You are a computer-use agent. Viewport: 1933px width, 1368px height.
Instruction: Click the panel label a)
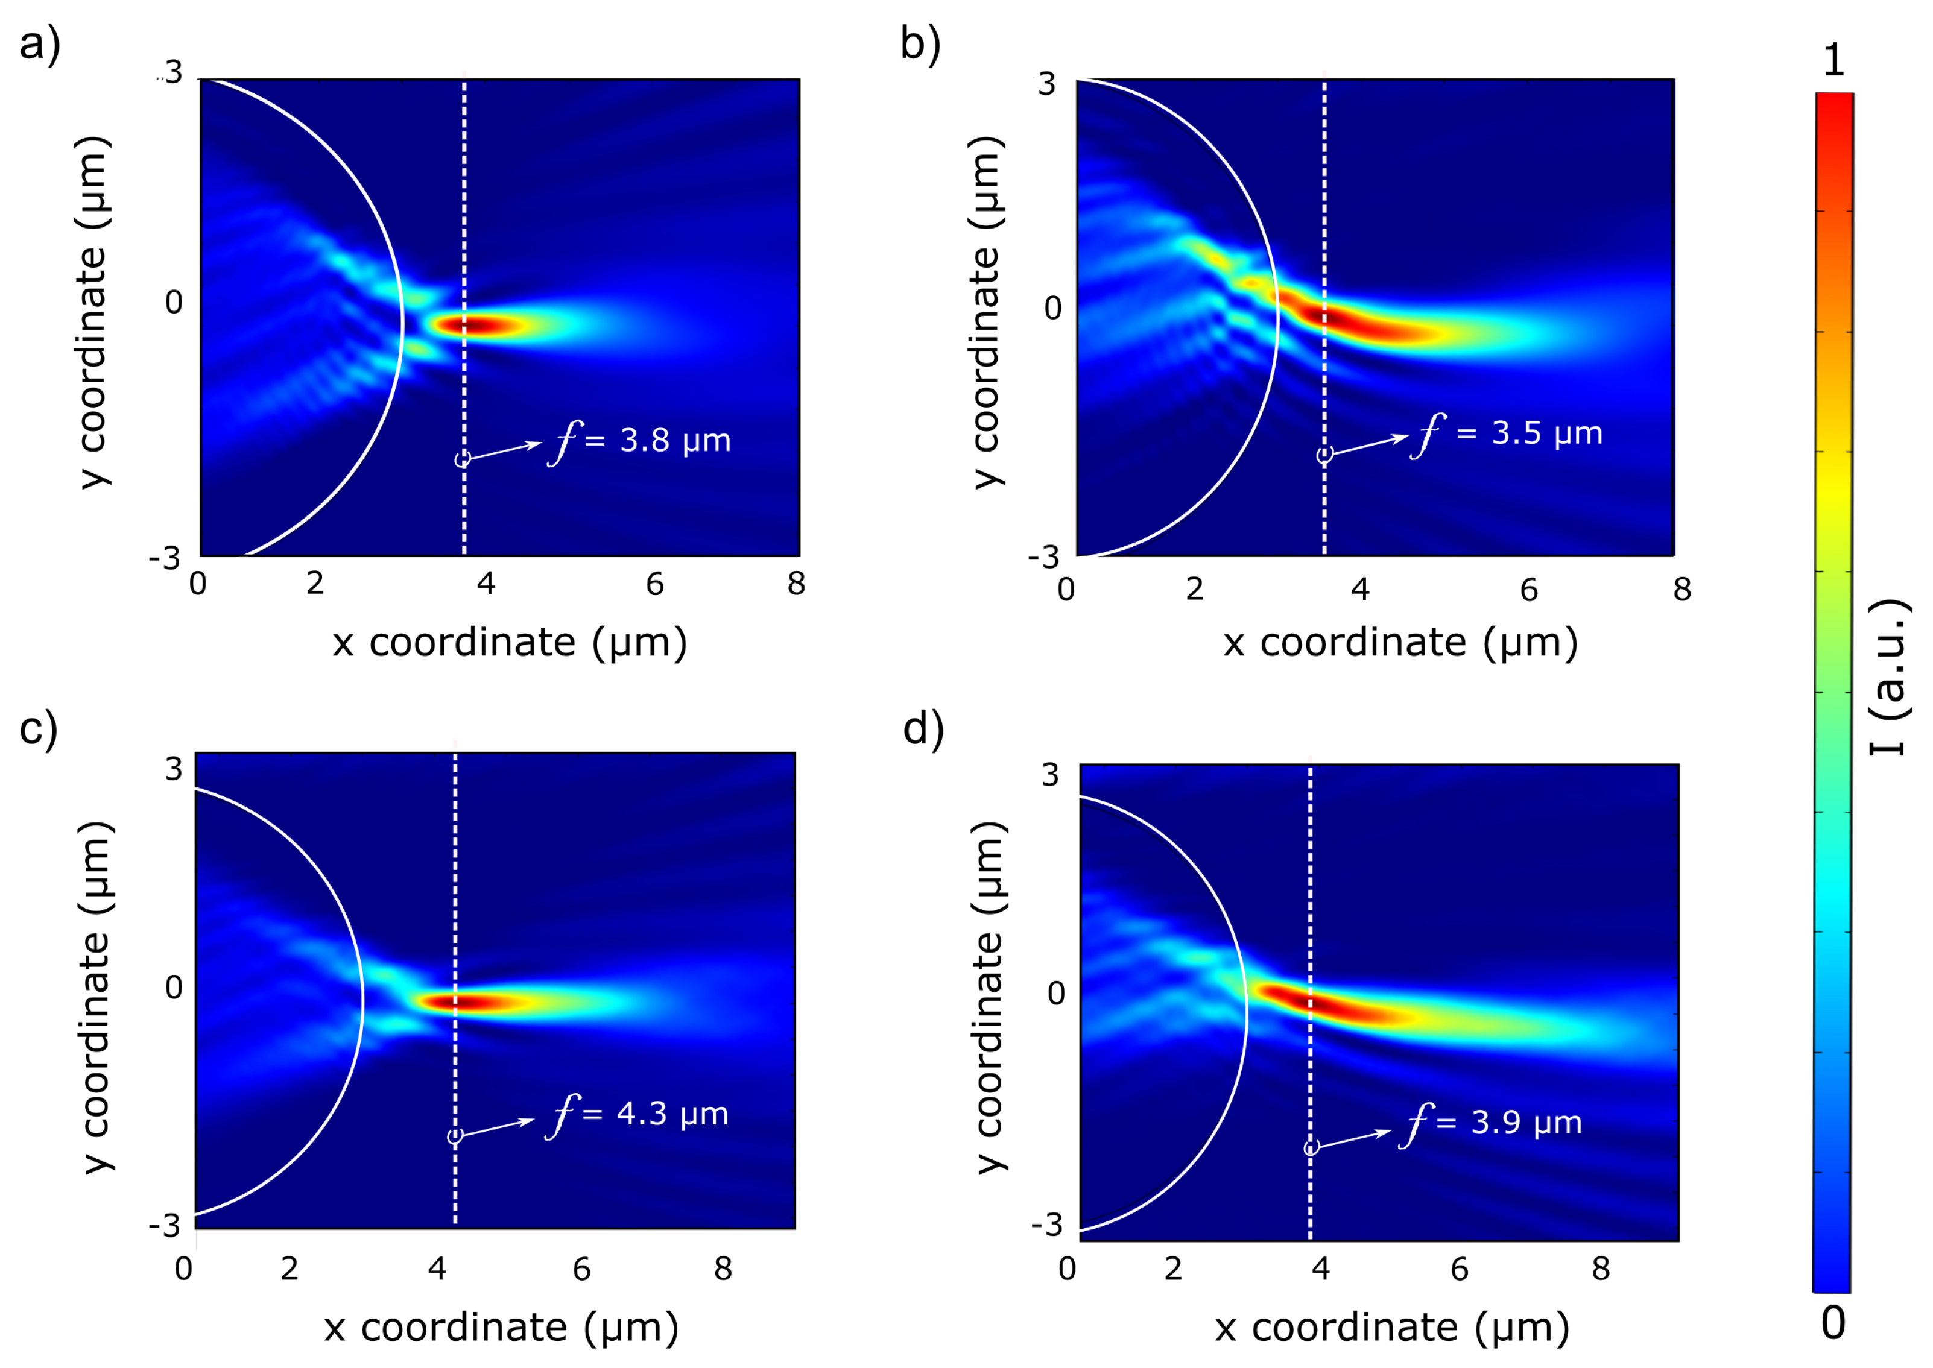click(40, 44)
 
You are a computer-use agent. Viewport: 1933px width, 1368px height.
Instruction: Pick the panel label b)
click(920, 44)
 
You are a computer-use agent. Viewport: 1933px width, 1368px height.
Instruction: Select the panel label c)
click(38, 727)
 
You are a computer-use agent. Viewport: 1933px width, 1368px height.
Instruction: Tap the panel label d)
click(923, 727)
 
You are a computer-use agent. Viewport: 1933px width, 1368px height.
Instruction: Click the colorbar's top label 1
click(1833, 61)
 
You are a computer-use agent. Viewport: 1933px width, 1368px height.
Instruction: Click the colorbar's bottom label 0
click(1833, 1323)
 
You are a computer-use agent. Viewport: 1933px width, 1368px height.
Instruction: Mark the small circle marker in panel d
click(1311, 1148)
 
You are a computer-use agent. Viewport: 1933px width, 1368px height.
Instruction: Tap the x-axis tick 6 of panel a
click(655, 584)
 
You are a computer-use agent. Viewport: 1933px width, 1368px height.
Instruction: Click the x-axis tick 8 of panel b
click(1682, 590)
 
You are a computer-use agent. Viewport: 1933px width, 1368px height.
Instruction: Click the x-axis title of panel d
click(1392, 1328)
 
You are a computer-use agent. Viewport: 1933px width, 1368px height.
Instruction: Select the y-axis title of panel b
click(986, 312)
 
